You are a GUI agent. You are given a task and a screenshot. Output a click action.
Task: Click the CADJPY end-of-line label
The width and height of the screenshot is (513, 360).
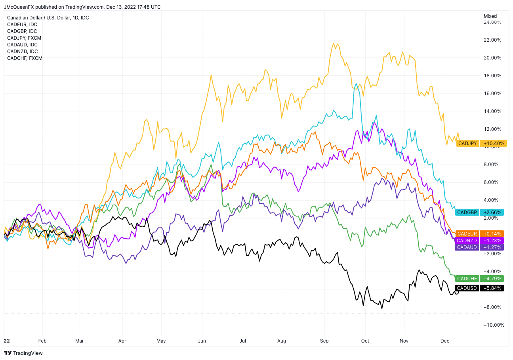tap(468, 143)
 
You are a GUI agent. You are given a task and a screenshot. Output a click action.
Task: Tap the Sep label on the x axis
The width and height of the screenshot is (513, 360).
tap(324, 341)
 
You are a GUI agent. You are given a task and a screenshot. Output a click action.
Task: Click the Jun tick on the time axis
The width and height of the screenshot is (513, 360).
tap(202, 341)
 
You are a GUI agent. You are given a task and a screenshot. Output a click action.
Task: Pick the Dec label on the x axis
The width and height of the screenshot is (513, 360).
tap(445, 341)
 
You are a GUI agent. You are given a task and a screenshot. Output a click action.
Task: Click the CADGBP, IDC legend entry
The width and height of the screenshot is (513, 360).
tap(22, 31)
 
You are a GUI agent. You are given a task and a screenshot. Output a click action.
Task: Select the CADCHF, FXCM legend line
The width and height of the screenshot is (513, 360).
tap(25, 58)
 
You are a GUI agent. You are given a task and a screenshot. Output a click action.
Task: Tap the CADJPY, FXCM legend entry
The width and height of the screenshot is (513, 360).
tap(24, 38)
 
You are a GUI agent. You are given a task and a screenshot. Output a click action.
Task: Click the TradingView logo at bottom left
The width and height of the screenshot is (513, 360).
tap(23, 353)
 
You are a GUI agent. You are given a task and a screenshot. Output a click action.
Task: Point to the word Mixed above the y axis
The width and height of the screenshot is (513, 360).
tap(490, 16)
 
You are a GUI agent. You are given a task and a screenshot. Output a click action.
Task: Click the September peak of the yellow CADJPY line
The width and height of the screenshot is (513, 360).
tap(334, 43)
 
